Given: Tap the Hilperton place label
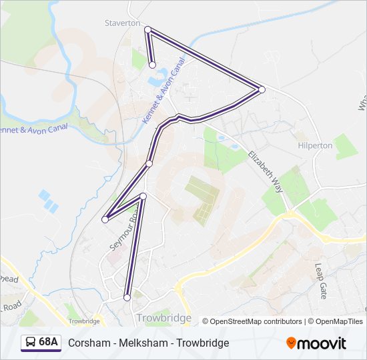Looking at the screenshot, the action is point(314,145).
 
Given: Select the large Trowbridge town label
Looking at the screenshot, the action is point(163,318).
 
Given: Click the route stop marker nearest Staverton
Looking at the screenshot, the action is point(147,29).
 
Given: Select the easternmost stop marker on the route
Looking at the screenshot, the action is point(262,89).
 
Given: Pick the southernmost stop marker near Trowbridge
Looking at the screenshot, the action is point(127,297).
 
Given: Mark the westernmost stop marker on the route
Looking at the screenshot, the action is point(105,219).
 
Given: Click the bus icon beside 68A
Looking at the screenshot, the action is point(30,343).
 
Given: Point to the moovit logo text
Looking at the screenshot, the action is point(322,343).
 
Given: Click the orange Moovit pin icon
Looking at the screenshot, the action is point(291,343).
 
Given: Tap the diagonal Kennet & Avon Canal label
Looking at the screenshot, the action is point(163,90).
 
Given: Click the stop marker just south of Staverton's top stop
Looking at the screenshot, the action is point(153,65).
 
